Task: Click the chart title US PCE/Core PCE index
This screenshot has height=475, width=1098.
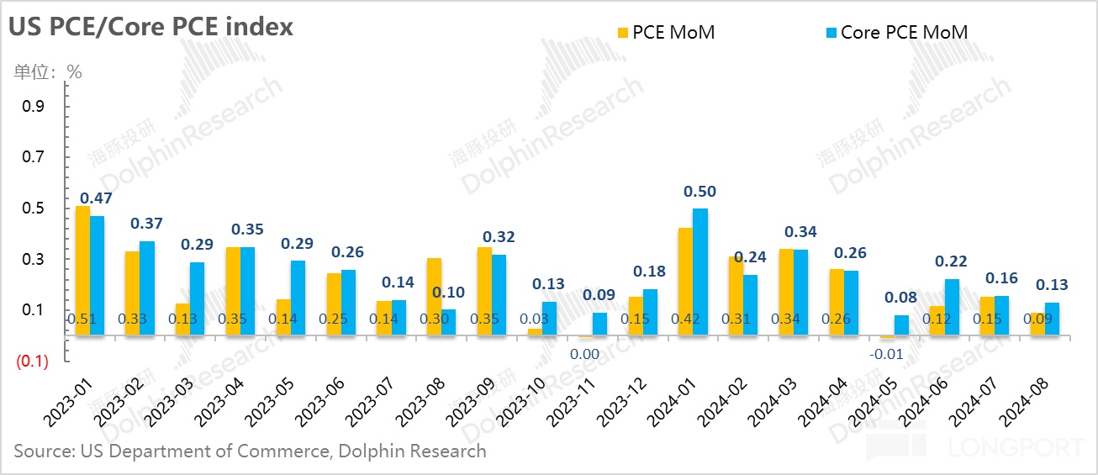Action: tap(151, 27)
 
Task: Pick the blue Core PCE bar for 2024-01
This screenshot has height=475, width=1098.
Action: tap(699, 272)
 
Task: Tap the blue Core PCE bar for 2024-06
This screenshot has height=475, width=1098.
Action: tap(951, 307)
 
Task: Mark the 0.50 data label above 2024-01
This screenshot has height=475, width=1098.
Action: tap(700, 192)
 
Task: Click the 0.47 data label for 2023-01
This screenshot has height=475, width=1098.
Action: tap(97, 199)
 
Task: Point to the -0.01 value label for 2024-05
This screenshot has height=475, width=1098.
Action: tap(887, 354)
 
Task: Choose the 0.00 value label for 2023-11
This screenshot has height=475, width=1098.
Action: tap(584, 354)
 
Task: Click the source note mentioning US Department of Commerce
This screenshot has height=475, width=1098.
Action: tap(250, 451)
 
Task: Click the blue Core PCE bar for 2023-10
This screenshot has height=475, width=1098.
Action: tap(549, 319)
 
